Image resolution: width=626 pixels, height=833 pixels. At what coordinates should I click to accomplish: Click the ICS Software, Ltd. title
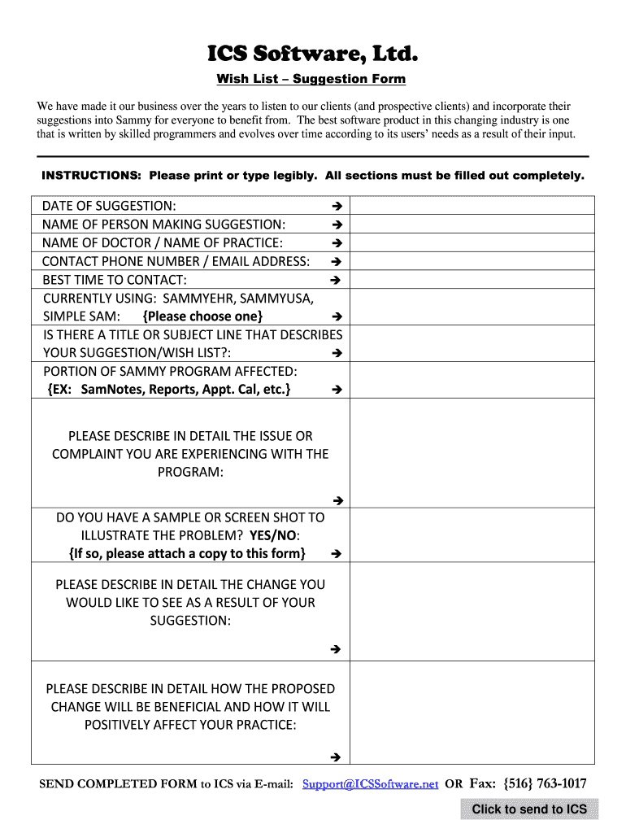[x=313, y=55]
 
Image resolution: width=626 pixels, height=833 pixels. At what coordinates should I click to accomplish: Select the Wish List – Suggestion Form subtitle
[x=311, y=79]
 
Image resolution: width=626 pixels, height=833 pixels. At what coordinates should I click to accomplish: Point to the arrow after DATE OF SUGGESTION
[x=336, y=206]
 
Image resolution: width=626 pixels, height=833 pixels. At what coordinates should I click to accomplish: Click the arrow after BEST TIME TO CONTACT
[x=336, y=281]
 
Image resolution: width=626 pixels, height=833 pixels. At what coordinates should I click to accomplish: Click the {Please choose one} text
[x=202, y=316]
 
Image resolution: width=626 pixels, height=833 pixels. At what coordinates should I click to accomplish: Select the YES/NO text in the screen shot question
[x=274, y=535]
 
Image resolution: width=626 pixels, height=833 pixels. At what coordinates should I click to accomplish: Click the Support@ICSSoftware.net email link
[x=370, y=784]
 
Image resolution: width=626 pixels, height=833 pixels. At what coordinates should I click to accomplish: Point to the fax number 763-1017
[x=560, y=784]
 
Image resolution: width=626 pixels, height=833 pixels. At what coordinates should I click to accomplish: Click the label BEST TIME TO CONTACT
[x=109, y=280]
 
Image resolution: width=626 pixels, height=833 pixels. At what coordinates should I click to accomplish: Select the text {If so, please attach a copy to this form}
[x=187, y=554]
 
